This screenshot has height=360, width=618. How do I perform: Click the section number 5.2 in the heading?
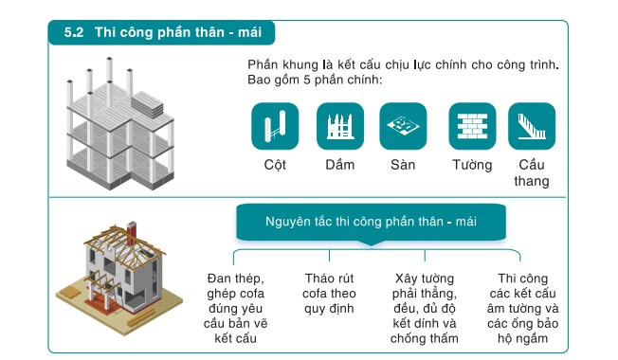coord(74,33)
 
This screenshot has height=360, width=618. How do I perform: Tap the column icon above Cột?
coord(275,126)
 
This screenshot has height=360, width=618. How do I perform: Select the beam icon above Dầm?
coord(339,126)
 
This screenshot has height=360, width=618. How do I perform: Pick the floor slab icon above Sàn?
coord(403,126)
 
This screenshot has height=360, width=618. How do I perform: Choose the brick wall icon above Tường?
coord(472,126)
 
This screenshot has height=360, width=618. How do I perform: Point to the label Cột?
coord(275,165)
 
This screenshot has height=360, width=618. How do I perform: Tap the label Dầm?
coord(339,165)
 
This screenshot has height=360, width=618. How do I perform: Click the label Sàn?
coord(403,165)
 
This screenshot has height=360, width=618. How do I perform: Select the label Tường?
coord(472,165)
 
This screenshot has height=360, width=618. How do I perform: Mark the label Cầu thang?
coord(532,172)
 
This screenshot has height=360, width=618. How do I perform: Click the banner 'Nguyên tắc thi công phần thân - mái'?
coord(370,222)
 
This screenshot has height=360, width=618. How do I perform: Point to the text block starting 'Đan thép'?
coord(235,307)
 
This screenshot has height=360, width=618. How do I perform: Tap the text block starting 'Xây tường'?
coord(425,307)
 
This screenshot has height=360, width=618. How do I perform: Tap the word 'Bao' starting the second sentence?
coord(260,80)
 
